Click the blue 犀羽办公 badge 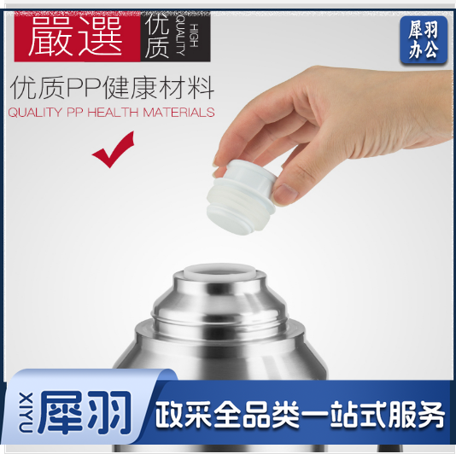423,40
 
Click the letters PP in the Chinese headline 85,87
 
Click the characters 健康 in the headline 127,87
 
